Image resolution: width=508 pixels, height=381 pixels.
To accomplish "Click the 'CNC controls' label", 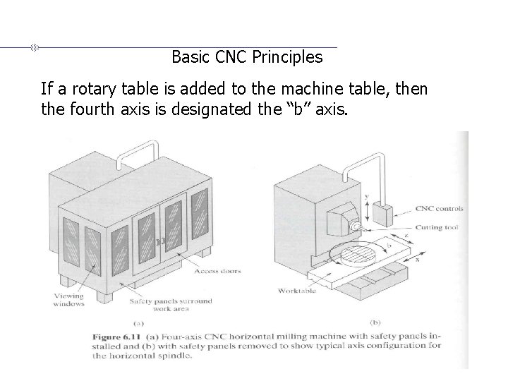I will point(439,209).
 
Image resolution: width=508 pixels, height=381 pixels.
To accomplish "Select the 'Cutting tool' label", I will point(438,226).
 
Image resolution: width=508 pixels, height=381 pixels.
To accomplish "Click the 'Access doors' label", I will point(219,271).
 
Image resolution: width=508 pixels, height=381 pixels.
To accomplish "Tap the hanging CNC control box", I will point(385,214).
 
